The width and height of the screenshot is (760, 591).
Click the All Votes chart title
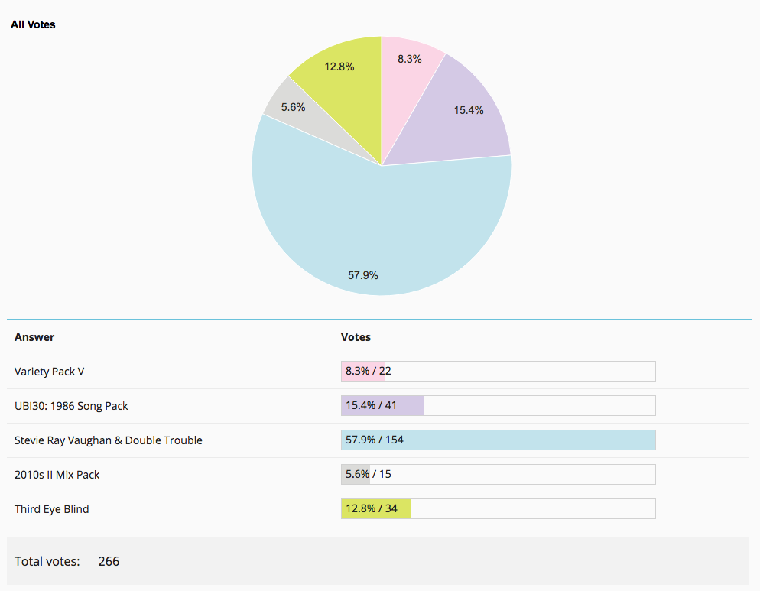[x=33, y=24]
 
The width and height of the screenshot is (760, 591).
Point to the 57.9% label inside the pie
[x=363, y=275]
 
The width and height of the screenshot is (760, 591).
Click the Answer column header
[x=34, y=337]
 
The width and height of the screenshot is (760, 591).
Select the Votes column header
[x=356, y=337]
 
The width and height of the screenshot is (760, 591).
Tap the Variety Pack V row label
[x=50, y=372]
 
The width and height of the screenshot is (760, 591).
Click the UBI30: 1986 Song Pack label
[x=71, y=406]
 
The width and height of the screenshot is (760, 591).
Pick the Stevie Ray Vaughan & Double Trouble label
[x=109, y=440]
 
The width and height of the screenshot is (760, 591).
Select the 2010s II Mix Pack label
[x=57, y=475]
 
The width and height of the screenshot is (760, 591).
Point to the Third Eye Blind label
[x=52, y=509]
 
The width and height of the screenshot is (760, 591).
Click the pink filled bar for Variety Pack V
[x=363, y=372]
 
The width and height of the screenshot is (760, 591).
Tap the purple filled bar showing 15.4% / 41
[x=382, y=406]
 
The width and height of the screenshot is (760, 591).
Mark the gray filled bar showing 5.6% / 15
[x=356, y=475]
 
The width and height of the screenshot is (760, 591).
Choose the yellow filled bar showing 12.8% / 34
[x=376, y=509]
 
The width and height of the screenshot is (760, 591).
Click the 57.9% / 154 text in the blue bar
[x=375, y=440]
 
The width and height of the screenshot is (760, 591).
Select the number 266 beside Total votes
[x=109, y=561]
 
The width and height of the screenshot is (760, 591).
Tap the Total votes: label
[x=47, y=561]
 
